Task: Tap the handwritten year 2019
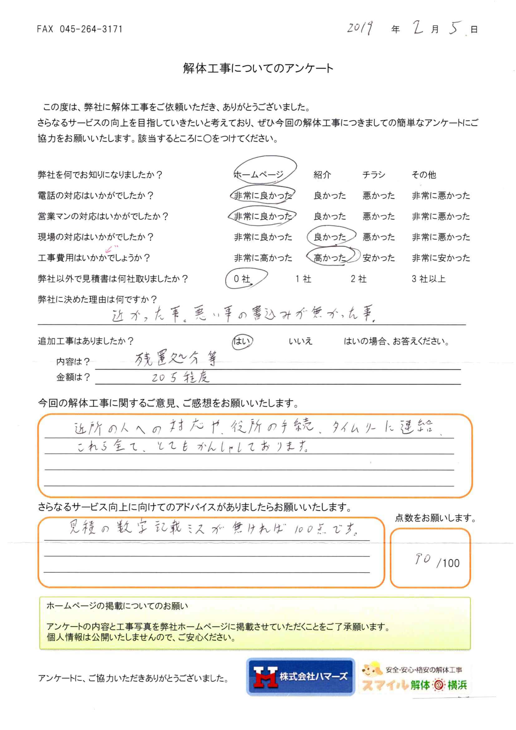click(x=360, y=29)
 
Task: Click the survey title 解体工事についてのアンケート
click(x=258, y=68)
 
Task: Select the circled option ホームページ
click(x=259, y=175)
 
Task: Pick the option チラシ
click(x=374, y=175)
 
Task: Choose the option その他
click(x=424, y=175)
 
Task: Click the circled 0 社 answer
click(x=242, y=279)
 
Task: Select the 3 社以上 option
click(x=429, y=279)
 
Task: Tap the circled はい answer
click(x=242, y=342)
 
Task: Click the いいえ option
click(x=300, y=342)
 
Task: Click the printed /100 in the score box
click(x=448, y=563)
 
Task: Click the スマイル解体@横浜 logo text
click(x=415, y=685)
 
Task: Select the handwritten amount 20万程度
click(x=180, y=378)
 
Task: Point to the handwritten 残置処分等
click(x=176, y=360)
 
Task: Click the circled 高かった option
click(x=330, y=258)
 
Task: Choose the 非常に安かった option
click(x=441, y=258)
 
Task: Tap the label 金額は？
click(x=73, y=377)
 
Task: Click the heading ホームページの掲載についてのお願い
click(x=117, y=606)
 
